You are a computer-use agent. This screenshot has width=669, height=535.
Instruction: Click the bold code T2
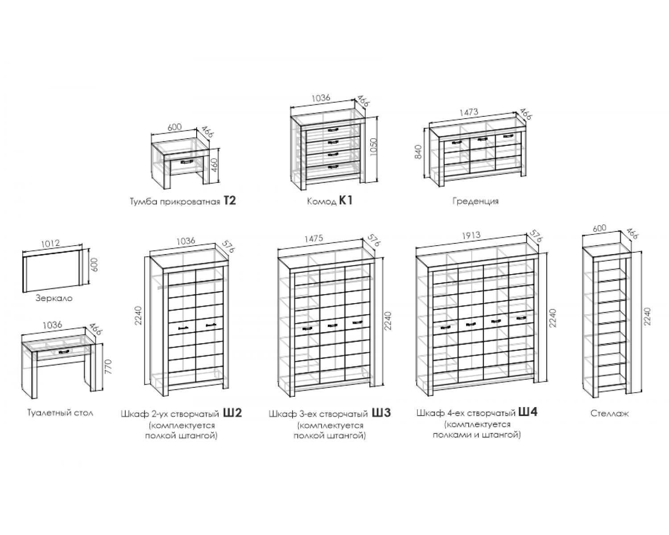point(230,201)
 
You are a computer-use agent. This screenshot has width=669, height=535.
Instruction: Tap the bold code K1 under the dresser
point(346,201)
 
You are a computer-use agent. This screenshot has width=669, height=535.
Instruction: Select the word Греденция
point(475,201)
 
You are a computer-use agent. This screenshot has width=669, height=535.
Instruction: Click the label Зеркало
point(54,298)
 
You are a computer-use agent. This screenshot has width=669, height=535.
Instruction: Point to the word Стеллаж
point(610,413)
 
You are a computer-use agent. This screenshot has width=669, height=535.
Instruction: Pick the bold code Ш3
point(381,413)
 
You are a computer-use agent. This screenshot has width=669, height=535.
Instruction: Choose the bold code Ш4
point(528,412)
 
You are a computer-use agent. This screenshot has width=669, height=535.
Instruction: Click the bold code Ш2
point(232,413)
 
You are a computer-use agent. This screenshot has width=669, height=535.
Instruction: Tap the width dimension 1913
point(471,236)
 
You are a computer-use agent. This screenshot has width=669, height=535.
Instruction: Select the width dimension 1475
point(314,239)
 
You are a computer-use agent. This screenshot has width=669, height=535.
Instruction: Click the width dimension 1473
point(469,112)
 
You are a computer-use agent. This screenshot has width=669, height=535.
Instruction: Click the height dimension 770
point(108,366)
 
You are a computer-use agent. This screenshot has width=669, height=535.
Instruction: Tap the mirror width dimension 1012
point(50,243)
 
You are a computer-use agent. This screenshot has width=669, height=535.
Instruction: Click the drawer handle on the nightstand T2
point(187,161)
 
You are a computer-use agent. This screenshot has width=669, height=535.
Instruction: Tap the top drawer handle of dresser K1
point(332,129)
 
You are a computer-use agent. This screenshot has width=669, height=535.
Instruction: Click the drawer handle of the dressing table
point(64,351)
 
